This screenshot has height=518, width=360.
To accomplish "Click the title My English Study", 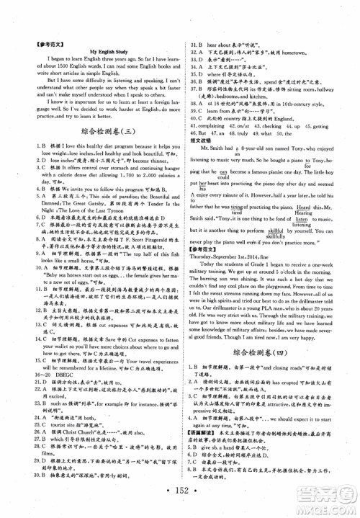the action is pos(106,53).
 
